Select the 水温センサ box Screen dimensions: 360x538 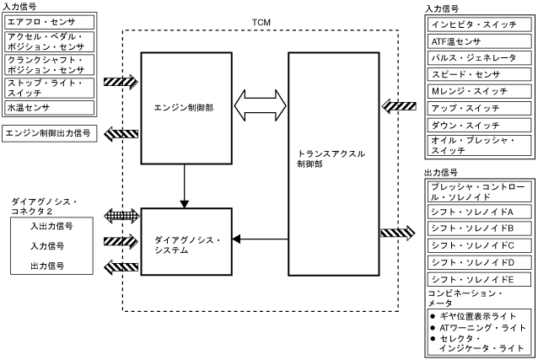[50, 107]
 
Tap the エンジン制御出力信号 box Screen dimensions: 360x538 [50, 133]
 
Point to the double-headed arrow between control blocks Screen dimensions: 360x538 [259, 106]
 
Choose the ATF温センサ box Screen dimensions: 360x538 [478, 41]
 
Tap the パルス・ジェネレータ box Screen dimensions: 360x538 [478, 58]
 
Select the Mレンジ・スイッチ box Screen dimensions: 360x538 [478, 92]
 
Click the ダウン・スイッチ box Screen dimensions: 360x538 [478, 125]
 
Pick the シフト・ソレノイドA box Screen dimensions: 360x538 [478, 211]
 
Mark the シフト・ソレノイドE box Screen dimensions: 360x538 [478, 279]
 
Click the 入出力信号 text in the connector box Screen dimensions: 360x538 [51, 226]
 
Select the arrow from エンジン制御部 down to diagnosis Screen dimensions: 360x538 [184, 185]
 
